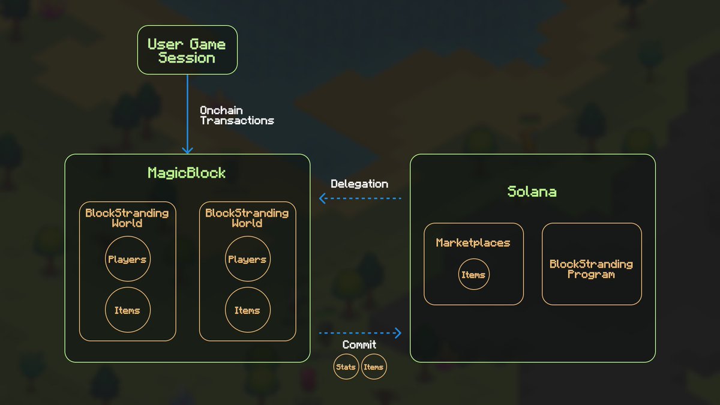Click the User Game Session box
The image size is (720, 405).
pos(187,50)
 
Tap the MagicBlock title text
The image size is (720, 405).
pos(187,173)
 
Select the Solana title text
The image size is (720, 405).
pos(532,191)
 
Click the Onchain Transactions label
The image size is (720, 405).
pos(236,115)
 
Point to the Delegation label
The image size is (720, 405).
pos(359,184)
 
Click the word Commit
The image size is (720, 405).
pos(359,344)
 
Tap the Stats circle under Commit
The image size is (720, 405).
pos(346,367)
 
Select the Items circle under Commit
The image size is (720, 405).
pos(373,367)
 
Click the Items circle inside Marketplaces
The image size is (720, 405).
pos(473,275)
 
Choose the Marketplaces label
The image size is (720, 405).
pos(473,242)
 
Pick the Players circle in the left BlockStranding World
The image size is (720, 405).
pos(127,259)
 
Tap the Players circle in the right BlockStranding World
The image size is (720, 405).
pos(247,259)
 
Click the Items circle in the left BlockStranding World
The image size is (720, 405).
pos(127,310)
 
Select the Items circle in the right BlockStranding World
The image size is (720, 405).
pos(247,310)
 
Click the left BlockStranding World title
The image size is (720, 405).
pos(127,218)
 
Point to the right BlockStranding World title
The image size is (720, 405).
pos(247,218)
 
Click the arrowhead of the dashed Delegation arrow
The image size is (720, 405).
pos(322,198)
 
